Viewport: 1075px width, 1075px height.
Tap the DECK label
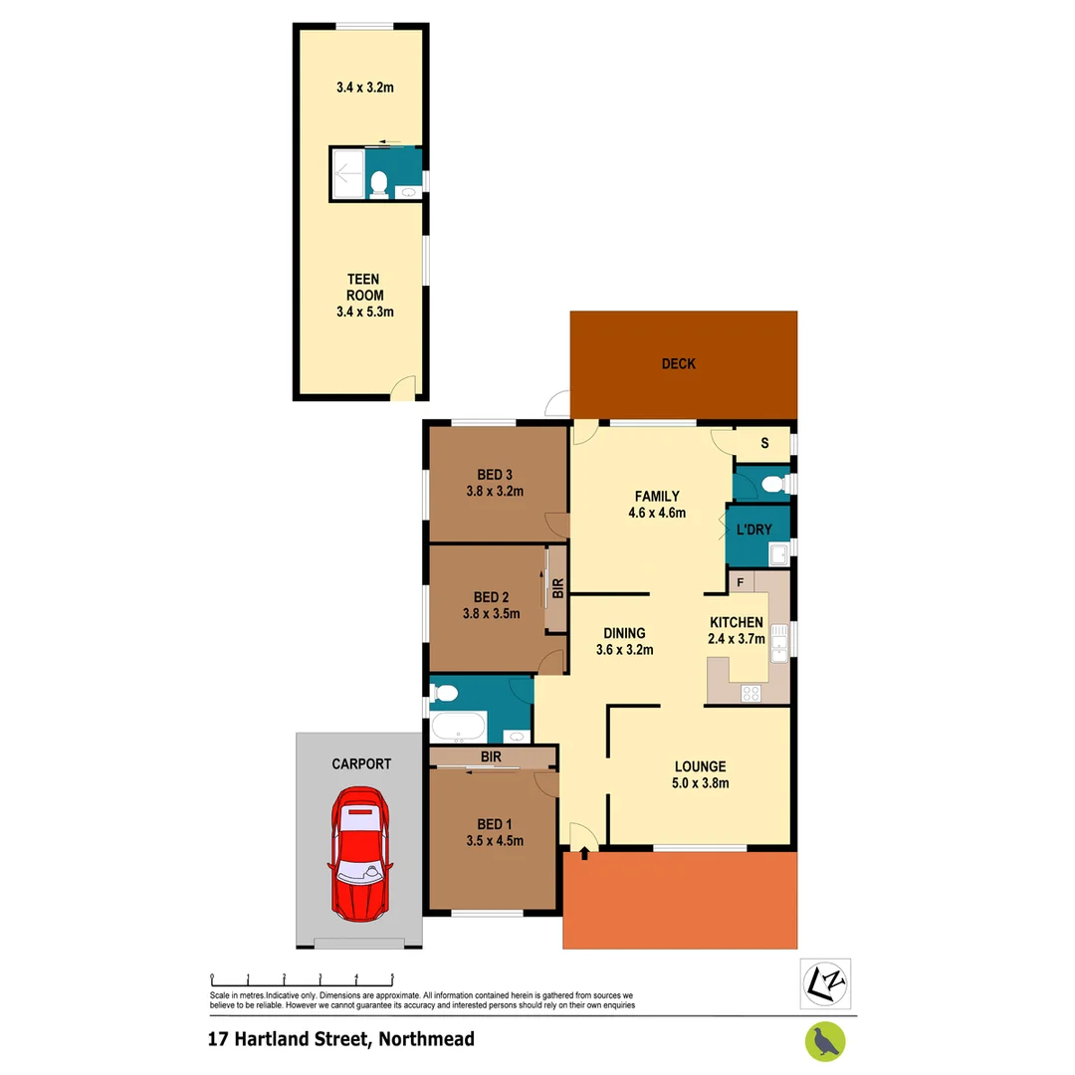[x=679, y=364]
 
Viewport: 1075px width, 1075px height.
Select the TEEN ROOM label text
[x=364, y=288]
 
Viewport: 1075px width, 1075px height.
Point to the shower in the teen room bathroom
[x=346, y=175]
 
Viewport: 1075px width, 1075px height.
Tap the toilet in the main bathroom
[x=445, y=692]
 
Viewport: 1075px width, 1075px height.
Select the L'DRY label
[x=754, y=531]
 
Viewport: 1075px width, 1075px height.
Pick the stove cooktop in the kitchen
[x=752, y=693]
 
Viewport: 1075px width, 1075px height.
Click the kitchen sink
[x=778, y=641]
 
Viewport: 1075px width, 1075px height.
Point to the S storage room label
[x=764, y=444]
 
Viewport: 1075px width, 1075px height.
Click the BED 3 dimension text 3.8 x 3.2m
[x=494, y=491]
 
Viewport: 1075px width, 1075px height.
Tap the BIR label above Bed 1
[x=490, y=757]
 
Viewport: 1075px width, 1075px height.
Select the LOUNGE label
[x=701, y=766]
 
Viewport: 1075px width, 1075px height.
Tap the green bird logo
[x=825, y=1041]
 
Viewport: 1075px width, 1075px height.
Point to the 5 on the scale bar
[x=392, y=977]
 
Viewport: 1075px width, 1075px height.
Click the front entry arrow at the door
[x=583, y=853]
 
